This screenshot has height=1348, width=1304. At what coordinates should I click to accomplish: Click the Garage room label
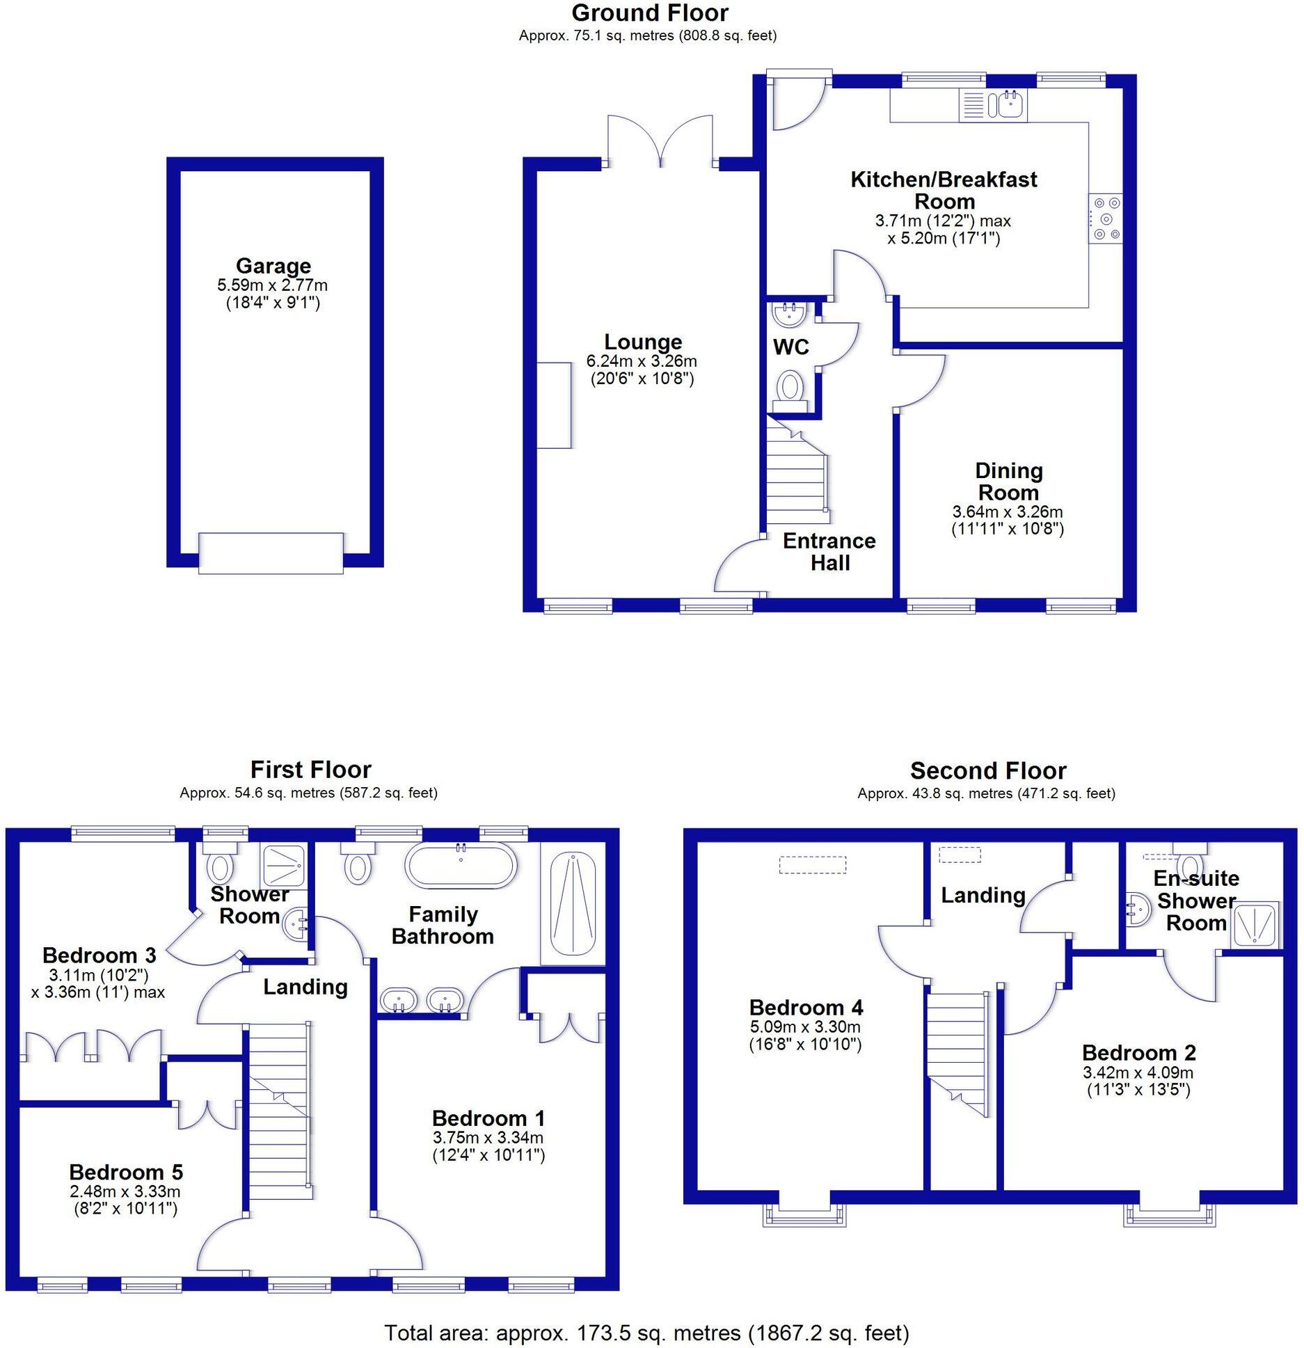coord(273,266)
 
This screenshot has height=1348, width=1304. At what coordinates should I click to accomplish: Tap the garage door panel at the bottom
coord(271,553)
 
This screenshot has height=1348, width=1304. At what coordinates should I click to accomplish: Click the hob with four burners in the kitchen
coord(1106,218)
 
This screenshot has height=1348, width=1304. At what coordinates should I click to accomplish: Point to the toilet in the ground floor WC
coord(789,386)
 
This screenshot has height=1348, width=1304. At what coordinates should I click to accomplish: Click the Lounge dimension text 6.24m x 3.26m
coord(642,361)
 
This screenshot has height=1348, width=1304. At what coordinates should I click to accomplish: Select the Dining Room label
coord(1008,482)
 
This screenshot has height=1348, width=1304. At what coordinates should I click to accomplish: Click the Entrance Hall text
coord(829,551)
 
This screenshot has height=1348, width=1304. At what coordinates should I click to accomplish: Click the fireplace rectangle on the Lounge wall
coord(554,405)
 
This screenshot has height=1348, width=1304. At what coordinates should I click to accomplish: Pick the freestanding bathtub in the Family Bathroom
coord(461,865)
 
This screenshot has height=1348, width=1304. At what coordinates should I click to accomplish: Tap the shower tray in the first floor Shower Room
coord(283,866)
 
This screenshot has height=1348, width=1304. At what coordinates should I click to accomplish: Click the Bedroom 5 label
coord(126,1172)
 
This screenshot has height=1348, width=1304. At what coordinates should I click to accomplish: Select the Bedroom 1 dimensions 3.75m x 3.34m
coord(488,1138)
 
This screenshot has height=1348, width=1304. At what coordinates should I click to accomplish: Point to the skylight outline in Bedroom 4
coord(812,864)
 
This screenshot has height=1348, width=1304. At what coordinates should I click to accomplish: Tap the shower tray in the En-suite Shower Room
coord(1257,925)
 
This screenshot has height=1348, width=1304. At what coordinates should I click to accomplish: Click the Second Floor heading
coord(987,771)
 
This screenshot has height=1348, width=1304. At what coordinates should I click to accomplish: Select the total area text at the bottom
coord(646,1333)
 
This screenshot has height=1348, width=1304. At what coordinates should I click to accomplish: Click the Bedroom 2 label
coord(1138,1053)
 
